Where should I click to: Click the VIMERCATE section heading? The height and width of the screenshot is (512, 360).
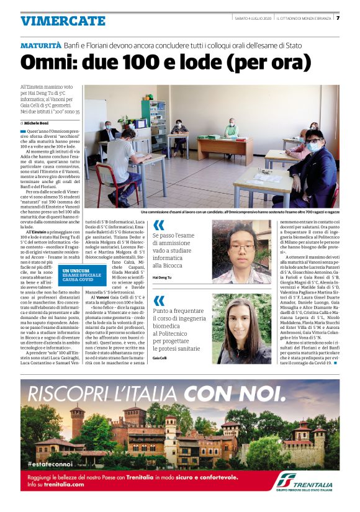63,20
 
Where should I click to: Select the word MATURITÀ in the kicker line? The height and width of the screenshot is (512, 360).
41,46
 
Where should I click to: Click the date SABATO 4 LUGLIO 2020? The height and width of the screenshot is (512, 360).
248,18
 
